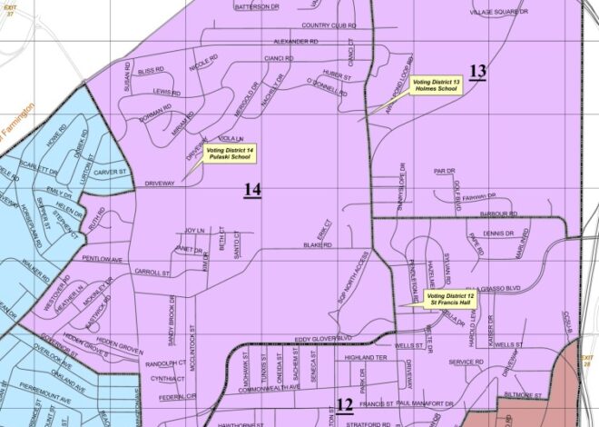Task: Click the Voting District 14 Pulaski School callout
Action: point(230,154)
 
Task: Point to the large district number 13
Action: point(477,72)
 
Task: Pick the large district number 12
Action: point(344,405)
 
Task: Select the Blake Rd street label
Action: point(314,245)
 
